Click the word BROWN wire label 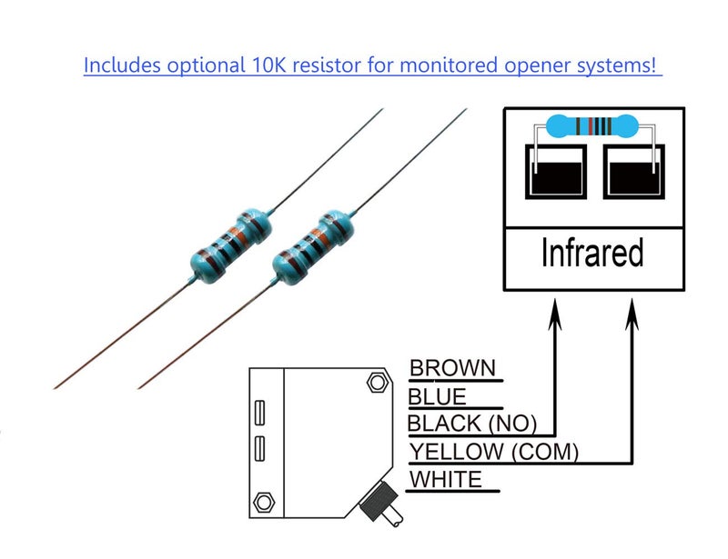[452, 368]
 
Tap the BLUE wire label [437, 397]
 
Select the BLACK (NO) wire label [471, 424]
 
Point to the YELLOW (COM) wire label [493, 452]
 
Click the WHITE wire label [446, 479]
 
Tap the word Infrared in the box [592, 253]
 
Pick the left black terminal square [556, 172]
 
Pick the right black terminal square [633, 172]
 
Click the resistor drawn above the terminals [592, 126]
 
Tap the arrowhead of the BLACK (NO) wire [555, 314]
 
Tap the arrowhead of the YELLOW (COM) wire [632, 314]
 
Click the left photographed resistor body [231, 245]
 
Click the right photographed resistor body [312, 247]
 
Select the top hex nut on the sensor [377, 383]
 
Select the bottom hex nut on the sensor [264, 503]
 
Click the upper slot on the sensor [260, 413]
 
